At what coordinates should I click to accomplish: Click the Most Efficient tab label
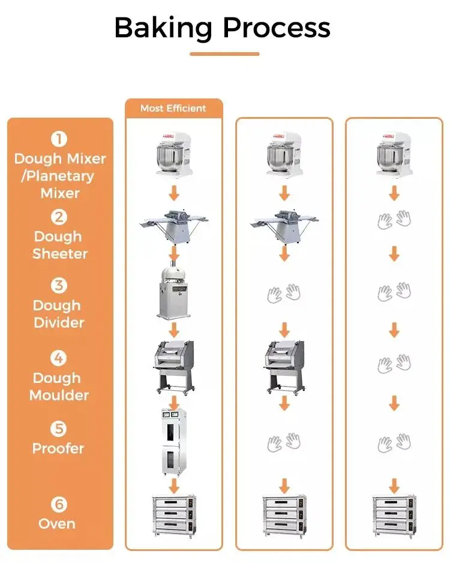173,109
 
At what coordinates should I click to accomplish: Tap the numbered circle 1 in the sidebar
59,140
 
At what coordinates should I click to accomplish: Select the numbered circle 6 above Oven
59,504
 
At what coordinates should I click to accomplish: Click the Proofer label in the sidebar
58,448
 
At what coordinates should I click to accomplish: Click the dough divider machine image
174,292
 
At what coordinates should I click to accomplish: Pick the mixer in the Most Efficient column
174,154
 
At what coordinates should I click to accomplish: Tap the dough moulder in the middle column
284,365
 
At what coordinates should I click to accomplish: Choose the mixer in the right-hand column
394,154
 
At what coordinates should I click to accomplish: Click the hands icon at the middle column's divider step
284,294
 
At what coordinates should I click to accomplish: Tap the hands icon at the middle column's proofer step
284,443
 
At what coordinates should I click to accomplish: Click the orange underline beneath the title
224,54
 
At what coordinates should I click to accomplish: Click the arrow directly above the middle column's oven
284,484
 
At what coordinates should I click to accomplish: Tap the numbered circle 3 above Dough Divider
59,286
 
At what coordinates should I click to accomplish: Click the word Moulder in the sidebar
59,396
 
